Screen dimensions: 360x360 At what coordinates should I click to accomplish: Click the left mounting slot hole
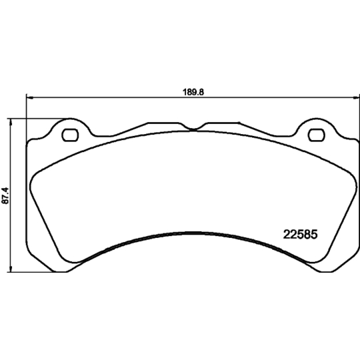[x=70, y=136]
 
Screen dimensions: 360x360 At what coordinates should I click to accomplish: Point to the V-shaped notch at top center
[x=193, y=129]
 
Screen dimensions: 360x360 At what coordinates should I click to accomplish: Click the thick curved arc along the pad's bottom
[x=192, y=233]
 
